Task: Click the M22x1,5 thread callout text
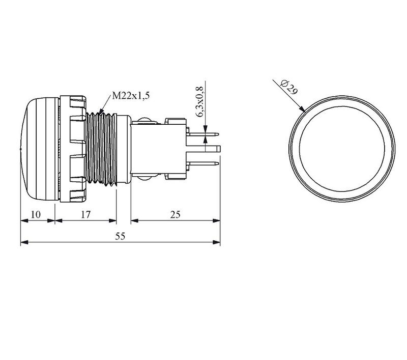(x=131, y=96)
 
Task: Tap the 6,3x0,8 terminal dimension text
(x=200, y=102)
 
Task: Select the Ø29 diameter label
(x=289, y=87)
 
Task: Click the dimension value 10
(x=36, y=214)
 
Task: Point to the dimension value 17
(x=85, y=214)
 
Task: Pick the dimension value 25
(x=175, y=214)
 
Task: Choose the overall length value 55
(x=120, y=236)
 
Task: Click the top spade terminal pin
(x=202, y=134)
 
